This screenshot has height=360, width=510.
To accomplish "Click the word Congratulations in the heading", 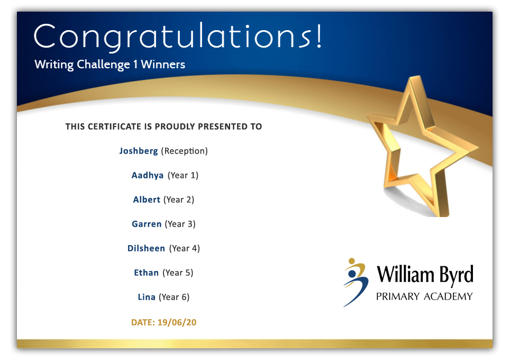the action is [173, 37].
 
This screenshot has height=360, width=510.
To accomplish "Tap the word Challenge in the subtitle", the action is [103, 65].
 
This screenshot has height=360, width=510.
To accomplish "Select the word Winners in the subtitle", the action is [163, 64].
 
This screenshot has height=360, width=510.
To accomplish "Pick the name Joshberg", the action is [139, 151].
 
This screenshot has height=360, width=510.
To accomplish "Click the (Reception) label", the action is [185, 151].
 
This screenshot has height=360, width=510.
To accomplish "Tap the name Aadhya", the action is [148, 175].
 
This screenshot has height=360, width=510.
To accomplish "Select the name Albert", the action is [147, 200].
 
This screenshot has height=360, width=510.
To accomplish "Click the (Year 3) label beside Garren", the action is [180, 224].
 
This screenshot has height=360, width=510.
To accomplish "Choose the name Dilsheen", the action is [146, 248].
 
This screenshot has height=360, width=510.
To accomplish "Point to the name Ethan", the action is [147, 273].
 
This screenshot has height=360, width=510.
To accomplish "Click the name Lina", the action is [147, 297].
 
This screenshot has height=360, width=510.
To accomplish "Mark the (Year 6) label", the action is [174, 297].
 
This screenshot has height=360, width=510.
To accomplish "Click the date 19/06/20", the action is [177, 322].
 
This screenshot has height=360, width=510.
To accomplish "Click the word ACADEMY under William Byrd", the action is [448, 296].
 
